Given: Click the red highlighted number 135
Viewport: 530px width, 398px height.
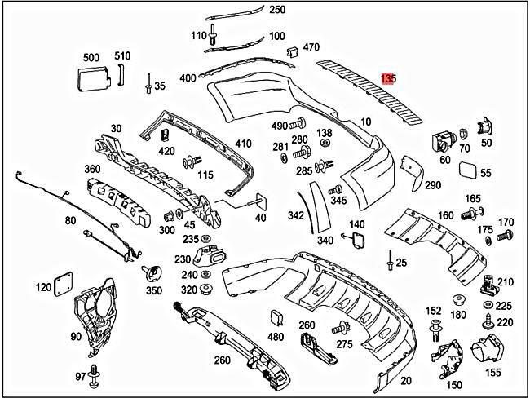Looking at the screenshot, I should pos(388,79).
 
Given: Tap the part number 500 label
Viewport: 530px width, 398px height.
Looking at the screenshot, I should pos(91,57).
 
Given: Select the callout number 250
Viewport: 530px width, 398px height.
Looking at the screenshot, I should pos(277,10).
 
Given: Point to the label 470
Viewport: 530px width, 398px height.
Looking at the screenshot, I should pos(311,48).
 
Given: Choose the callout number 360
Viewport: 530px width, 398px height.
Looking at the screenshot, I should pos(92,169).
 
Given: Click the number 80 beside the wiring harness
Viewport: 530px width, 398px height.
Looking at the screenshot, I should pos(70,221).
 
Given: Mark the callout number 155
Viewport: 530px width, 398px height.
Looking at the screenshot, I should pos(493,373).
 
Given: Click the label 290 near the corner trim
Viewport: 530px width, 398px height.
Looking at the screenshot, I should pos(432,185).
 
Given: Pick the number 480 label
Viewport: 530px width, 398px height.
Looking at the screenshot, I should pos(276,337).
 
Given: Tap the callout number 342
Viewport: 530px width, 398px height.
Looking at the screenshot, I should pos(295,216).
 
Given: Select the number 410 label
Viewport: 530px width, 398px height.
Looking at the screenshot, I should pos(243,144).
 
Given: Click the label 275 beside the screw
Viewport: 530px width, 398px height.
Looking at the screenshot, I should pos(345,345).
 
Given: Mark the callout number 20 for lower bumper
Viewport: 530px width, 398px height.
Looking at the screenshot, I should pos(406,380).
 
